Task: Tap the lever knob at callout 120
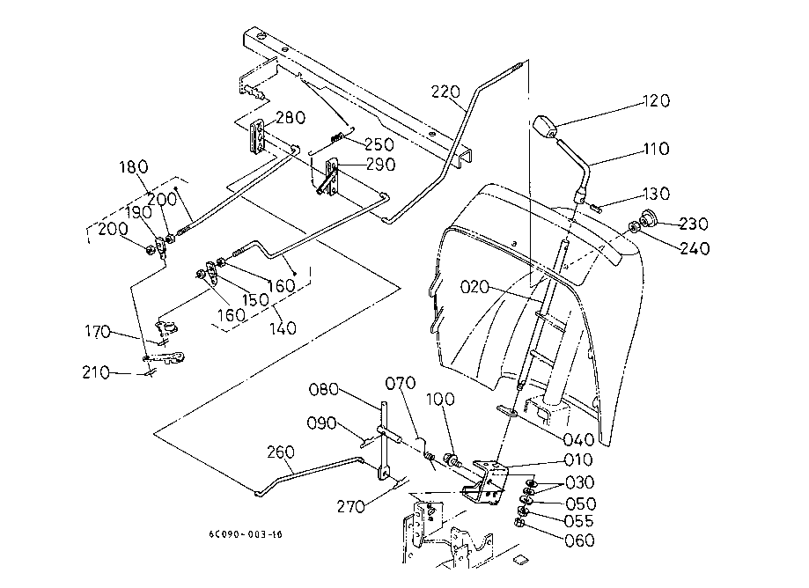pyautogui.click(x=547, y=128)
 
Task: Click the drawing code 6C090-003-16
pyautogui.click(x=246, y=534)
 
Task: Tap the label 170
pyautogui.click(x=99, y=332)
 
